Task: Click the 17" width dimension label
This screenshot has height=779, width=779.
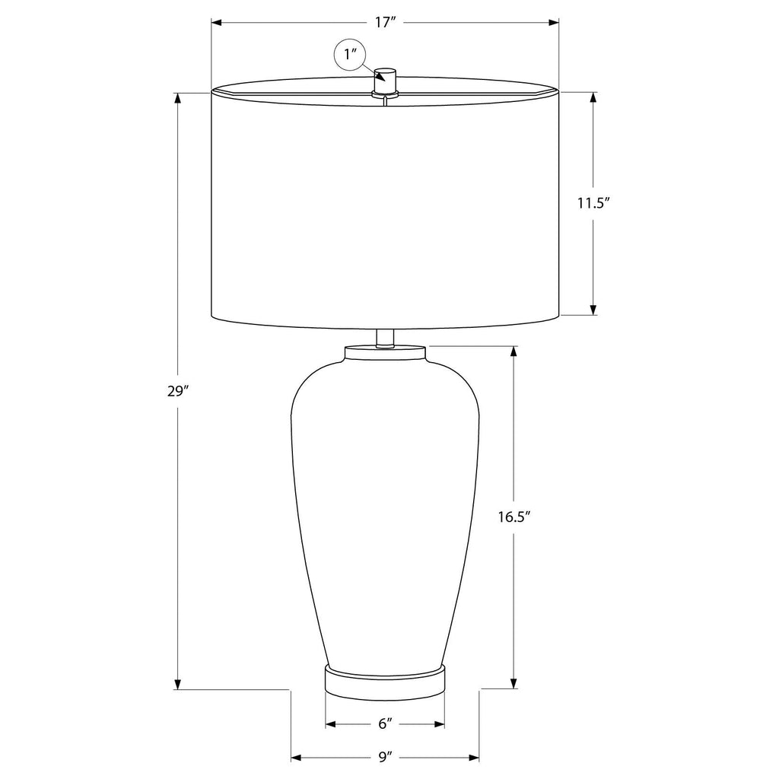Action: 384,22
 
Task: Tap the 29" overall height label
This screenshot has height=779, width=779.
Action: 178,392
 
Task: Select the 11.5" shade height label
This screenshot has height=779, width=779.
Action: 593,203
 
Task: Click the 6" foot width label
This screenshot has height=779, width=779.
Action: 385,724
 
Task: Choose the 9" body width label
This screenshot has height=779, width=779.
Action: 385,757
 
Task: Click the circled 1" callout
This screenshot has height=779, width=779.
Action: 350,54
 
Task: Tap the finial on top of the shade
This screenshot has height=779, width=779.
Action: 386,82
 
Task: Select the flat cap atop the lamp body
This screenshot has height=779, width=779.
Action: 385,353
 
